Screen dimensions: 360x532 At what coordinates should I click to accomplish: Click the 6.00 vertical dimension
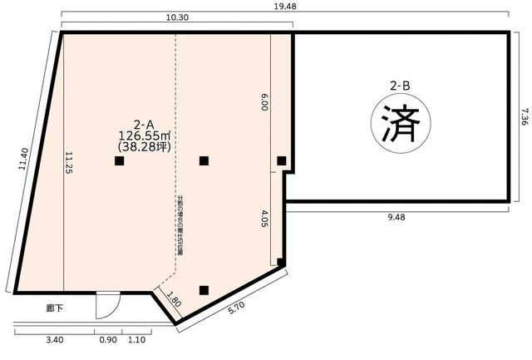[264, 101]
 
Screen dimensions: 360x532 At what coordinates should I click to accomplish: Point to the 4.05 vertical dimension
[264, 218]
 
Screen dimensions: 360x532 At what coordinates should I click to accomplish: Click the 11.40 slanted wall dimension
[23, 160]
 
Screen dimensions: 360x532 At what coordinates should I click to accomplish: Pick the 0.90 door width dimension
[109, 339]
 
